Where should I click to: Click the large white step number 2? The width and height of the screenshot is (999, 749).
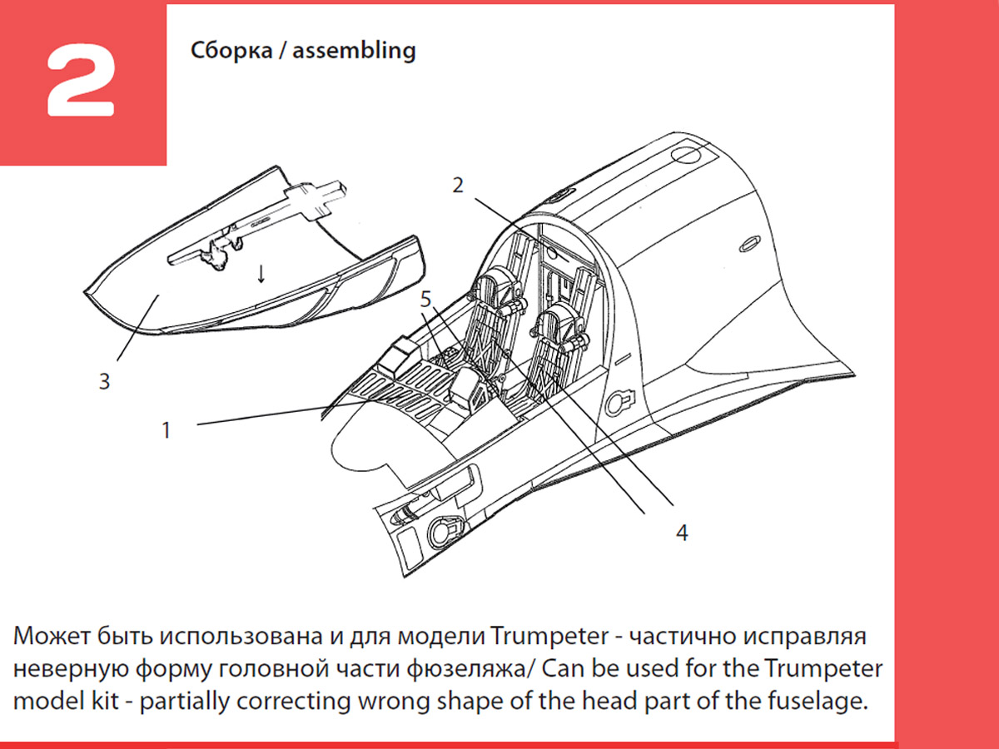coord(81,82)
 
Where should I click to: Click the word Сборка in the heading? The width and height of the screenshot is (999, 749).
coord(231,50)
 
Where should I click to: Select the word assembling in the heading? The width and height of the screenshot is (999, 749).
coord(354,50)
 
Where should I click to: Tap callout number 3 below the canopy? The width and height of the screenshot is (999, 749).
coord(105,381)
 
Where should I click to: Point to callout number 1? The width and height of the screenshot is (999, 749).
coord(166,430)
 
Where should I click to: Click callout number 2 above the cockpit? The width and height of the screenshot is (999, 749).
coord(458,185)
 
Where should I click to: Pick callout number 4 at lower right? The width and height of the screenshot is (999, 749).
coord(682,533)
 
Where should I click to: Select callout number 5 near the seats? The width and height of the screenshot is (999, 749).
coord(425,300)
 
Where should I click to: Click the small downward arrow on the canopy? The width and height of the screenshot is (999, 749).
coord(261,275)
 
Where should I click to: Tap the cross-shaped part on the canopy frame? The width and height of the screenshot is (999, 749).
coord(315,199)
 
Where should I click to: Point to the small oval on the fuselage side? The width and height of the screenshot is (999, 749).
coord(749,244)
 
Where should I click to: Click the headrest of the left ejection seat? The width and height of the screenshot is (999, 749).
coord(499,282)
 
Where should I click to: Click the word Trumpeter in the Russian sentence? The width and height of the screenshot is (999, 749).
coord(549,636)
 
